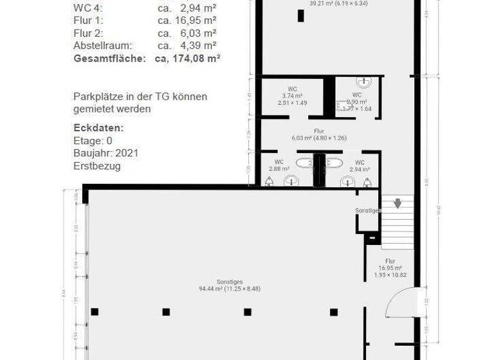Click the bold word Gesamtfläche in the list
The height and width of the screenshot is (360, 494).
pyautogui.click(x=111, y=58)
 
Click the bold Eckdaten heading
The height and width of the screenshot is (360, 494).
pyautogui.click(x=98, y=128)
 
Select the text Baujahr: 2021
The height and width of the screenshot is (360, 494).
pyautogui.click(x=105, y=153)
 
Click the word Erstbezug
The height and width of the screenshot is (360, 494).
pyautogui.click(x=96, y=166)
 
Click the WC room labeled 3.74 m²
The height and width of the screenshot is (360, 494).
pyautogui.click(x=292, y=96)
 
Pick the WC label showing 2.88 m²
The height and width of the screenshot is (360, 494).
pyautogui.click(x=279, y=165)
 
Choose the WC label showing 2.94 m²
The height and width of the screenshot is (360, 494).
pyautogui.click(x=359, y=166)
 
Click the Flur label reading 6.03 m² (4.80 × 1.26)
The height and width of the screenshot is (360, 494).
pyautogui.click(x=319, y=134)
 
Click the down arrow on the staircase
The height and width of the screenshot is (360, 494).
pyautogui.click(x=398, y=204)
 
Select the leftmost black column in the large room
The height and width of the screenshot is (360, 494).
pyautogui.click(x=95, y=312)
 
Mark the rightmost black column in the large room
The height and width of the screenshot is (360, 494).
pyautogui.click(x=334, y=312)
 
